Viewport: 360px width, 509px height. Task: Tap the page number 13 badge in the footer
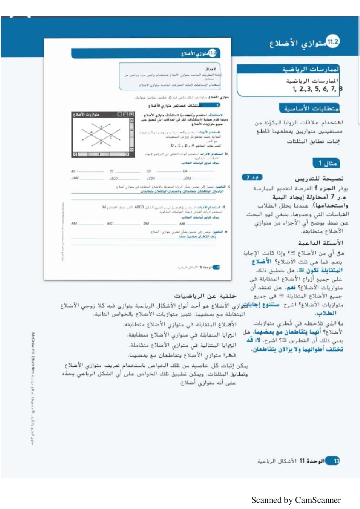click(336, 461)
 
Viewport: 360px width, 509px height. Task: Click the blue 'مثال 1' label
click(326, 163)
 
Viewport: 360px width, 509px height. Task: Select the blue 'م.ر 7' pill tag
click(252, 178)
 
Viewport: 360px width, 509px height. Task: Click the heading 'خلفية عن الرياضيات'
click(205, 296)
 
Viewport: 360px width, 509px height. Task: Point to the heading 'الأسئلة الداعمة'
click(321, 243)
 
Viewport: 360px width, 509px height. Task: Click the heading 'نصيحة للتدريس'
click(319, 179)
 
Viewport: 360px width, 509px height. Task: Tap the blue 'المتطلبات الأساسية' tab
click(310, 108)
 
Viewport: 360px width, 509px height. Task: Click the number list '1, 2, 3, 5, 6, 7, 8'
click(317, 89)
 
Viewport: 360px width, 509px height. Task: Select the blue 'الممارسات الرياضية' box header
click(310, 69)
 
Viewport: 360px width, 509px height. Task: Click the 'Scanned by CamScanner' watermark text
click(296, 500)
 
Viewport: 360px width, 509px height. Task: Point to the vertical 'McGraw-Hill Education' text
click(33, 353)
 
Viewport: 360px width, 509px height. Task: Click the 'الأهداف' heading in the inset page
click(210, 69)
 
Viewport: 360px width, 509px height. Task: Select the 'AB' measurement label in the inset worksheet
click(73, 171)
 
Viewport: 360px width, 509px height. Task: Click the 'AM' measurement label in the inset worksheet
click(74, 224)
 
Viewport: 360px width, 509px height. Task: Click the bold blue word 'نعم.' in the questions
click(290, 288)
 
